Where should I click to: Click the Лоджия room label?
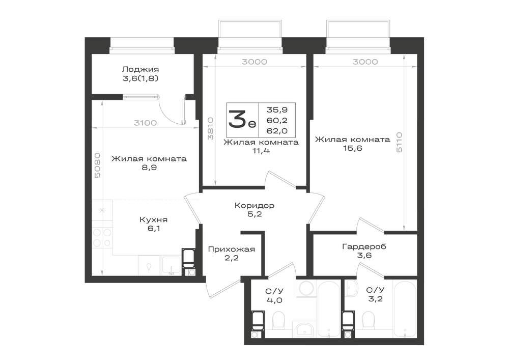coord(140,69)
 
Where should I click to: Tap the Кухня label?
coord(153,219)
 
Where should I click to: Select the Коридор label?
coord(254,206)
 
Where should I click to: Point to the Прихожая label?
coord(232,250)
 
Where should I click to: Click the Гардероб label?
coord(364,247)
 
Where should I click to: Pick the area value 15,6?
coord(353,148)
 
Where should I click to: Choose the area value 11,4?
coord(261,151)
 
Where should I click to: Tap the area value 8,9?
coord(149,168)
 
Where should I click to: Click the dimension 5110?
coord(399,142)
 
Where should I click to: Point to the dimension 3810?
coord(211,128)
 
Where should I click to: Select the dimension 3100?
coord(146,123)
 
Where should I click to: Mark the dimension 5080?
coord(97,165)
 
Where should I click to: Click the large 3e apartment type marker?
coord(242,120)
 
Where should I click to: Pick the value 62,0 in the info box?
coord(277,131)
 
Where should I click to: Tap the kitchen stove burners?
coord(102,238)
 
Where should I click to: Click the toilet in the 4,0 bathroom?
coord(278,320)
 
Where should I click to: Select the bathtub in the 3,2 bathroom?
coord(405,309)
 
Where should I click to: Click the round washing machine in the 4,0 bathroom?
coord(305,288)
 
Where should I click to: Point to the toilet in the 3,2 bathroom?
coord(368,320)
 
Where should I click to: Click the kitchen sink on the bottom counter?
coord(172,265)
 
